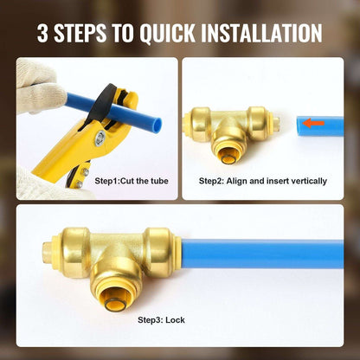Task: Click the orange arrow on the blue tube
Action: (x=314, y=124)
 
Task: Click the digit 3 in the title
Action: (x=42, y=33)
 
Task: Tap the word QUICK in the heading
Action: (x=167, y=34)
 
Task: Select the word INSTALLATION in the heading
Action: (x=261, y=33)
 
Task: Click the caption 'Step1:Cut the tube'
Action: (x=132, y=181)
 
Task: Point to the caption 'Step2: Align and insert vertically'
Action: (x=263, y=181)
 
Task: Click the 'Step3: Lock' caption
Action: (x=161, y=320)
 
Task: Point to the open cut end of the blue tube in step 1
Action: (x=157, y=124)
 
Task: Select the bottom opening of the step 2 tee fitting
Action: (x=228, y=157)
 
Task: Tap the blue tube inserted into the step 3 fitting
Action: (x=262, y=254)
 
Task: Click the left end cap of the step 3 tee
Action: (x=49, y=254)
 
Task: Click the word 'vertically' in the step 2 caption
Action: (x=309, y=181)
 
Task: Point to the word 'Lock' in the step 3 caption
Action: (x=175, y=319)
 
